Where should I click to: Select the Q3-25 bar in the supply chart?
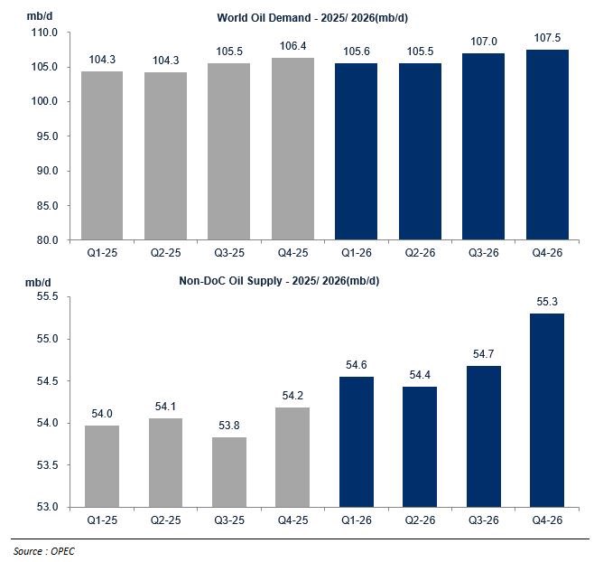click(229, 472)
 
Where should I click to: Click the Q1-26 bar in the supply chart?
click(357, 442)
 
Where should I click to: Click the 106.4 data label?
click(292, 46)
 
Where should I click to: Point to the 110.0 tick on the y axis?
click(44, 33)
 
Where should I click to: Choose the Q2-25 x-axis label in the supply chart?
click(165, 520)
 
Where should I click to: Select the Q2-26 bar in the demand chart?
click(420, 152)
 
